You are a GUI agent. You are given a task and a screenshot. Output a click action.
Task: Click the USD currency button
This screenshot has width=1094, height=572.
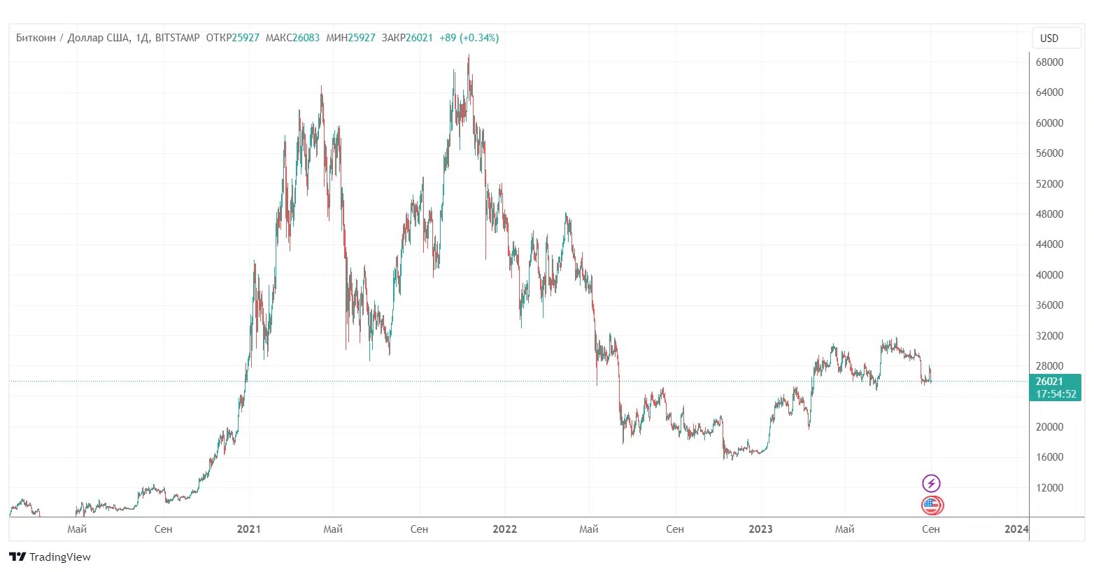(x=1056, y=39)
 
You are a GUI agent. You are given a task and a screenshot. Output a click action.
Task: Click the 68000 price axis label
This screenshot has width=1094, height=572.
(x=1049, y=62)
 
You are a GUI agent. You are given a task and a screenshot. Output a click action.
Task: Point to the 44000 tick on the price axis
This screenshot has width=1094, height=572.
(x=1049, y=244)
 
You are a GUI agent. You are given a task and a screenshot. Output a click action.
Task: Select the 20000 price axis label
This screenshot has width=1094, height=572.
(x=1049, y=427)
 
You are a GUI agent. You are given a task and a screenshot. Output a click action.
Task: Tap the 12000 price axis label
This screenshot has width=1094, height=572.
(x=1049, y=488)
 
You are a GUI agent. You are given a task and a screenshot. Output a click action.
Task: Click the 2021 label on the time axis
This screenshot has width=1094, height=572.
(x=248, y=529)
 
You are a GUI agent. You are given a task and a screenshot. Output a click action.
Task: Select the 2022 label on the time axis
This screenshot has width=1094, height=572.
(x=504, y=529)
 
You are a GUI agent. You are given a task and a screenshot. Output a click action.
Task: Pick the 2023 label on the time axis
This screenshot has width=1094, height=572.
(x=760, y=529)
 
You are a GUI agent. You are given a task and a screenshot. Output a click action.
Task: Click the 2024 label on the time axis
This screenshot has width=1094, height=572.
(x=1016, y=529)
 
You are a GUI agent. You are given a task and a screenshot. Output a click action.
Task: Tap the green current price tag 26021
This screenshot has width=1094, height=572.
(x=1049, y=382)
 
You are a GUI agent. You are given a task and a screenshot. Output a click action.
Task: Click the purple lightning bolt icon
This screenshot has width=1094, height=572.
(x=931, y=483)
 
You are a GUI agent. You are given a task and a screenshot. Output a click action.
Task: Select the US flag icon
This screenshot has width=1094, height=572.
(x=932, y=505)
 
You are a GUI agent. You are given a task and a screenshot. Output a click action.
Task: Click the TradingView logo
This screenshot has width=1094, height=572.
(x=50, y=557)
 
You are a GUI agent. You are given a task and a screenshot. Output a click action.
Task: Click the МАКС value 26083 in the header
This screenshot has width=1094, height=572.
(x=306, y=38)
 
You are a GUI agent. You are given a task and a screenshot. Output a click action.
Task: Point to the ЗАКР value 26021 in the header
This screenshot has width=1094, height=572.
(x=419, y=38)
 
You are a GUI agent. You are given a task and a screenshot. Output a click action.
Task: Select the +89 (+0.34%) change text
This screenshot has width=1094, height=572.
(x=469, y=38)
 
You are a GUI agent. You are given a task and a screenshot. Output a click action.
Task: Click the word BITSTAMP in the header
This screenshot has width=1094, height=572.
(x=177, y=38)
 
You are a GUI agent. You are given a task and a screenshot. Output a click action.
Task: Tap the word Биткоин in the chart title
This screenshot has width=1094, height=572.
(x=36, y=38)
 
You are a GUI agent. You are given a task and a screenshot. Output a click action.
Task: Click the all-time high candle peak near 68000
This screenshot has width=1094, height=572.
(x=469, y=56)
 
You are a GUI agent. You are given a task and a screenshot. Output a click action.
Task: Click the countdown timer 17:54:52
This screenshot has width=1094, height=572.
(x=1056, y=394)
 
